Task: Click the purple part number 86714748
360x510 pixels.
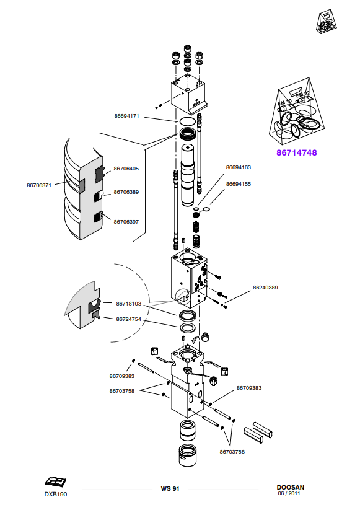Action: point(296,152)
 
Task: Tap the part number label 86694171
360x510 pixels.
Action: point(126,116)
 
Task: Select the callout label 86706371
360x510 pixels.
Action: point(39,185)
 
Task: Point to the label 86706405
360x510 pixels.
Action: point(126,169)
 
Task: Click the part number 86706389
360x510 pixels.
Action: point(126,192)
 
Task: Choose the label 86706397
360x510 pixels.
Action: point(126,222)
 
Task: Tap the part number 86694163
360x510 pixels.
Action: point(239,167)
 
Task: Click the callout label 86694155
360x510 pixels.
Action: point(239,184)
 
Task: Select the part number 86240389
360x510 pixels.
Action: point(265,288)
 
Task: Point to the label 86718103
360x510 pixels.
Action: point(129,304)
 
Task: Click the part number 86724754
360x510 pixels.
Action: point(129,319)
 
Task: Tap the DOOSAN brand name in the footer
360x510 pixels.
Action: point(291,487)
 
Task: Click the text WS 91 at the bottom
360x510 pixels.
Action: point(170,488)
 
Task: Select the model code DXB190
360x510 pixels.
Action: point(56,494)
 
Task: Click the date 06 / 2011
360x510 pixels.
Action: point(289,493)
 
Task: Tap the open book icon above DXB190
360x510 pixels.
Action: point(55,481)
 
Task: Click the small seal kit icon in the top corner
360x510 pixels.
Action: point(326,21)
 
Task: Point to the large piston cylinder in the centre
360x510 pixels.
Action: point(188,175)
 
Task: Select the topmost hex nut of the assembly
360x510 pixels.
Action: point(187,49)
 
